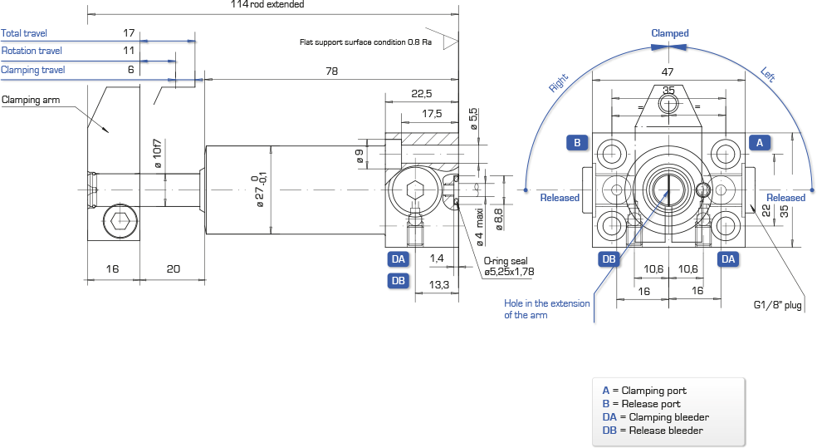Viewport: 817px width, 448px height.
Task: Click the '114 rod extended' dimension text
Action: (267, 4)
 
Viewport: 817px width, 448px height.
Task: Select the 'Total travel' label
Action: (24, 33)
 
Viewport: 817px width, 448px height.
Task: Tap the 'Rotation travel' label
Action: (32, 51)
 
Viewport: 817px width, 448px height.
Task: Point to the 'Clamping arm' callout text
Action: (31, 100)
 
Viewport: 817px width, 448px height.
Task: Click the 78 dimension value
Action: (332, 71)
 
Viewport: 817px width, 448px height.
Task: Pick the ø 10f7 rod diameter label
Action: (158, 153)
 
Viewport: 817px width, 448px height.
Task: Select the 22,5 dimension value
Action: (422, 94)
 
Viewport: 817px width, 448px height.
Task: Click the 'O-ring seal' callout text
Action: (506, 261)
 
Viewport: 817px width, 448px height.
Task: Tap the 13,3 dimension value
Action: (438, 285)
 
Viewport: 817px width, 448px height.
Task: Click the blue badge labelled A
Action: (760, 143)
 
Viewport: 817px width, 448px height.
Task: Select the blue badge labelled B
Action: (577, 143)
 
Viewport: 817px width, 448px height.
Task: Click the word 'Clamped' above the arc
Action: (670, 33)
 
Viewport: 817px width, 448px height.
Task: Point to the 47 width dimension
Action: (668, 72)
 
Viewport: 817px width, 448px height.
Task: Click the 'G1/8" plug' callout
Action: (777, 305)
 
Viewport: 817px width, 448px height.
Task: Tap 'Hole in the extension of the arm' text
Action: (546, 309)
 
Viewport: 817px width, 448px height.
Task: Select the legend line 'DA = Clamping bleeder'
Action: (655, 417)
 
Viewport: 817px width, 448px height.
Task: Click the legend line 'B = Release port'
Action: (642, 404)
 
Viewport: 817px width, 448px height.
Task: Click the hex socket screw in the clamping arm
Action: (120, 221)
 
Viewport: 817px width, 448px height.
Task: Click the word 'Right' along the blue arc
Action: (558, 83)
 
